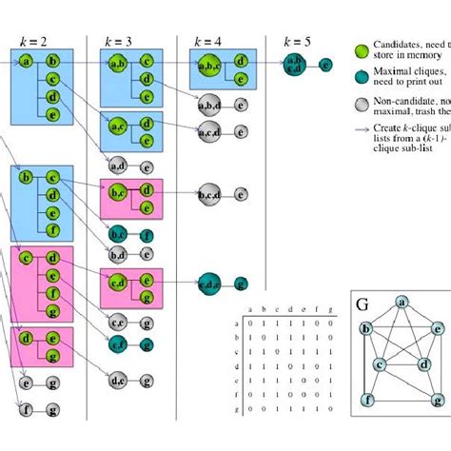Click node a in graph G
tap(402, 302)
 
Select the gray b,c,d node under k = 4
tap(208, 195)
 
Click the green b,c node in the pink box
tap(118, 191)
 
